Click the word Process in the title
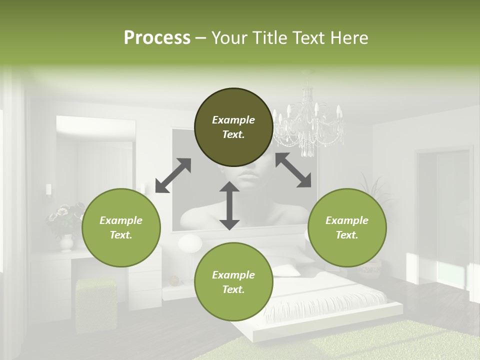pos(157,38)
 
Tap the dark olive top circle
pos(233,127)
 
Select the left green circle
pos(121,227)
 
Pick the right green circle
pos(347,227)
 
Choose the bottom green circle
pos(233,281)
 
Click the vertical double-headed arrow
pos(229,205)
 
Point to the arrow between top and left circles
pos(173,175)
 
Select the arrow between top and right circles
pos(293,170)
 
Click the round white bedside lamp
pos(190,244)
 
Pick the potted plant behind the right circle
pos(372,190)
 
